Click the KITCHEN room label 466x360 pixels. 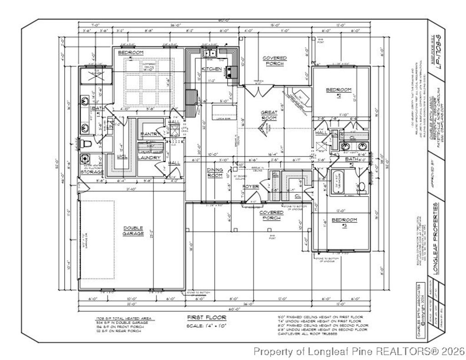[212, 69]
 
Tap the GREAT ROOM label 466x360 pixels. [268, 115]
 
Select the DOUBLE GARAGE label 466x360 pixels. [133, 231]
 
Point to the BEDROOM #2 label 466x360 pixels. [339, 92]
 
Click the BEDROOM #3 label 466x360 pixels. [344, 222]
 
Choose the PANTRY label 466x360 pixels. [150, 134]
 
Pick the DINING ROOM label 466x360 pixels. [215, 172]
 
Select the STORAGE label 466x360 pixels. [92, 172]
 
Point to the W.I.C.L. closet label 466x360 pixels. [122, 156]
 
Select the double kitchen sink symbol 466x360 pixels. [210, 52]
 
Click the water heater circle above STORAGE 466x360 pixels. [85, 159]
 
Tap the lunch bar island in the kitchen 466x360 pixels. [225, 112]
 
